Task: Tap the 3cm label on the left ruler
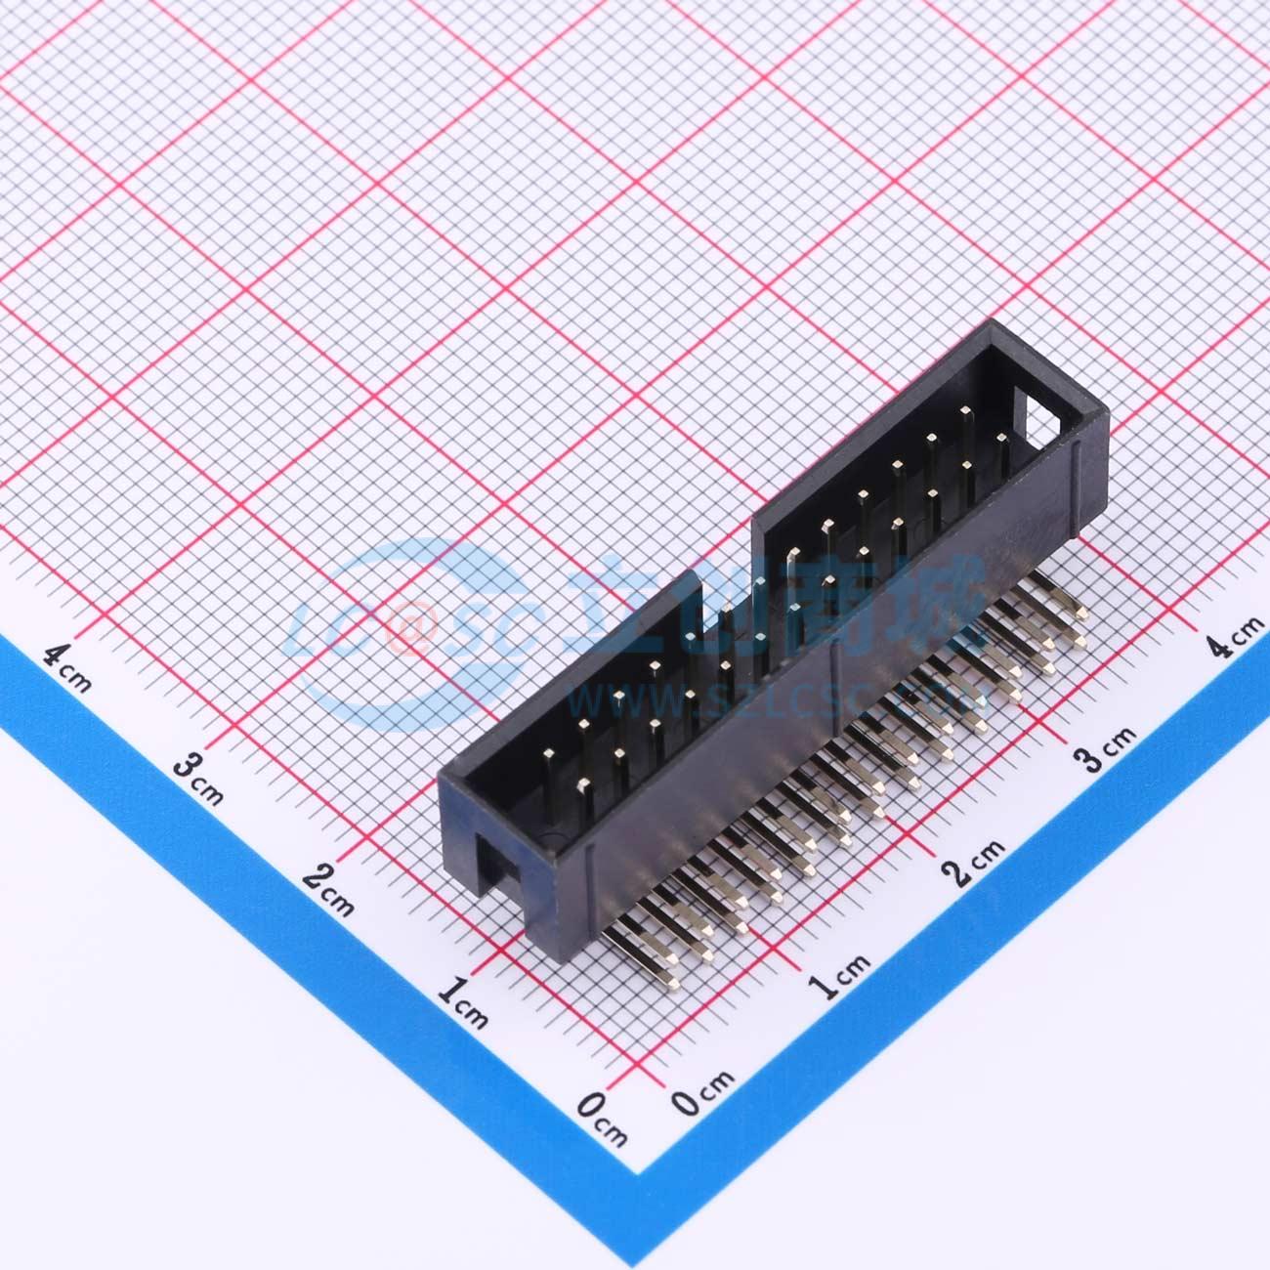point(198,778)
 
